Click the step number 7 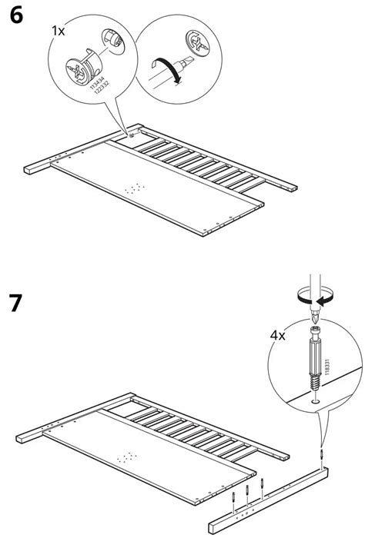coord(16,304)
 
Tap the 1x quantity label coord(59,32)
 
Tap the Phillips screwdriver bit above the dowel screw coord(314,317)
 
